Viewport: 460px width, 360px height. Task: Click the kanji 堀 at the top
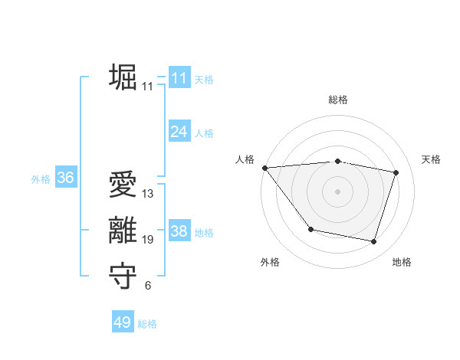click(x=123, y=77)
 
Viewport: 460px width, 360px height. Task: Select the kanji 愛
click(x=123, y=186)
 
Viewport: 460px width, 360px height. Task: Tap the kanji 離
click(x=123, y=231)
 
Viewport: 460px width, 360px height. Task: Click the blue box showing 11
click(x=179, y=78)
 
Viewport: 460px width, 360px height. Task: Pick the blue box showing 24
click(x=179, y=132)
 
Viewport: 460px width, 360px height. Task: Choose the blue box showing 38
click(x=179, y=231)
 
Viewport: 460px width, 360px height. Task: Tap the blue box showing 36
click(x=65, y=178)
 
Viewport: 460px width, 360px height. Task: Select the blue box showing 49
click(x=122, y=322)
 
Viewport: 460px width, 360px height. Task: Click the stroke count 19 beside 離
click(x=147, y=240)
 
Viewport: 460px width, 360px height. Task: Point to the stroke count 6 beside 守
click(x=147, y=286)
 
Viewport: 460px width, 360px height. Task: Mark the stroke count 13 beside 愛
click(x=147, y=194)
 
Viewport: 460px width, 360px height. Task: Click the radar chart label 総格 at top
click(x=337, y=100)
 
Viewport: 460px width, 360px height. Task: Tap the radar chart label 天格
click(x=431, y=159)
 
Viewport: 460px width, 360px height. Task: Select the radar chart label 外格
click(x=270, y=263)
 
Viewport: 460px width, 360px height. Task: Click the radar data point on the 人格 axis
click(x=264, y=168)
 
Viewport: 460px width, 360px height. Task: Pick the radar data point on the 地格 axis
click(x=374, y=241)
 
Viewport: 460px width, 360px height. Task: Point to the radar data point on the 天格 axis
click(x=396, y=172)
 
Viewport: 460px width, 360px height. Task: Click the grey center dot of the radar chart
click(x=337, y=191)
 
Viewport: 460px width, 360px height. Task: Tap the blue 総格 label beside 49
click(x=147, y=324)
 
